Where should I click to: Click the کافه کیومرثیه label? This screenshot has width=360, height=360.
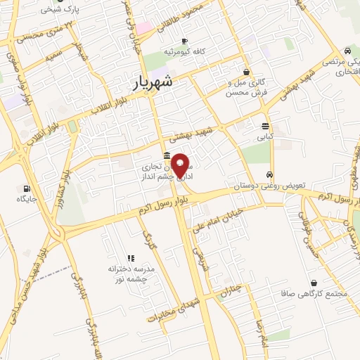pos(184,53)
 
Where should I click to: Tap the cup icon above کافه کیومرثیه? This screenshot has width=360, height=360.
pos(184,41)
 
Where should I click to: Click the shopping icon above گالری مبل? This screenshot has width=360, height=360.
pos(246,72)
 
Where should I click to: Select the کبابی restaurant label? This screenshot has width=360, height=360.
pos(265,137)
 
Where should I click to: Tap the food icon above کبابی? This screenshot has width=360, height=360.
pos(265,126)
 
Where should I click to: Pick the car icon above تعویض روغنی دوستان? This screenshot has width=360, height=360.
pos(269,174)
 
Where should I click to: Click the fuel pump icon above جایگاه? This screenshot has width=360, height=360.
pos(27,188)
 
